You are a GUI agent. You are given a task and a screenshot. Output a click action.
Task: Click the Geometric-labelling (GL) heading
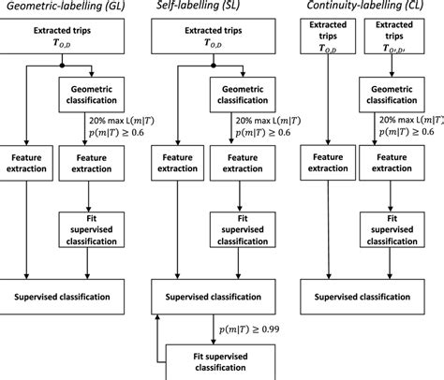tap(58, 7)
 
